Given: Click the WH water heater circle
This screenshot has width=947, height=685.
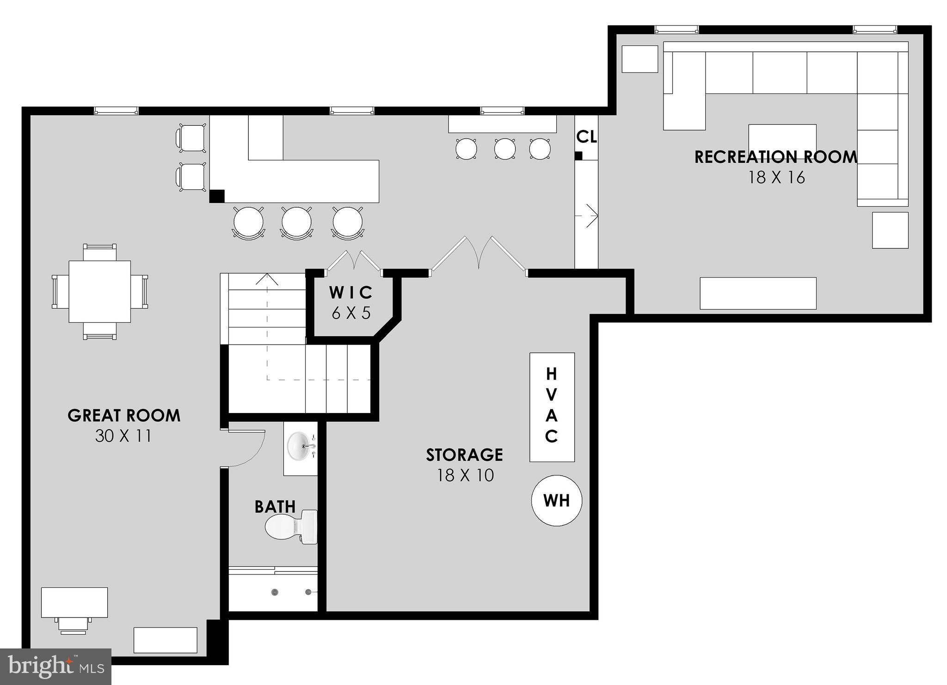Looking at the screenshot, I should (x=556, y=500).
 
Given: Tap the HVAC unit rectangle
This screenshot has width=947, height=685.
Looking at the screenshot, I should (x=552, y=407).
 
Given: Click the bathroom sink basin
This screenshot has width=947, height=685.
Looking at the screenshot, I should (x=300, y=446).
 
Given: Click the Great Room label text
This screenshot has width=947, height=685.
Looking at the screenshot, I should (x=124, y=415).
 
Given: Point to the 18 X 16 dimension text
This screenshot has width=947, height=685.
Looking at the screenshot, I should (x=777, y=178).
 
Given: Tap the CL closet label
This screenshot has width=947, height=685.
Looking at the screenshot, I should (x=586, y=137).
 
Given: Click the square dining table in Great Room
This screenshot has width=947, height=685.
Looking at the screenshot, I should (x=99, y=291).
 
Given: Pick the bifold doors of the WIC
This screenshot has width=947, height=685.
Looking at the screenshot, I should (x=354, y=261).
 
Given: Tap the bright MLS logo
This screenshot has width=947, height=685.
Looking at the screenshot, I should (x=55, y=666).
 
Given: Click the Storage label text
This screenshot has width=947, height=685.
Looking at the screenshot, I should (x=464, y=455).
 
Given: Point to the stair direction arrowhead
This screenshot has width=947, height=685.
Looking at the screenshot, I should (x=267, y=279).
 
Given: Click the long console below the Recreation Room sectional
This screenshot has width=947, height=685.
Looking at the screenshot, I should (x=758, y=293).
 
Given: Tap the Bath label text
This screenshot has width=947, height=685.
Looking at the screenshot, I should (x=275, y=507).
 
